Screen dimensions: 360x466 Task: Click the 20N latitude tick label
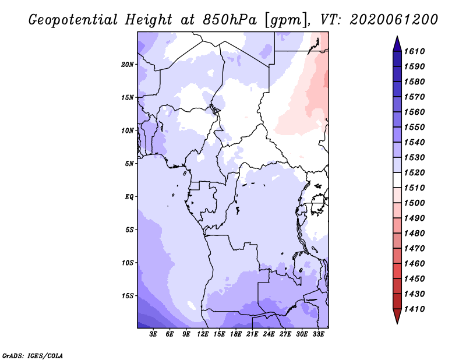pos(128,64)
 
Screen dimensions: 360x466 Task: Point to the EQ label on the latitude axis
pos(130,196)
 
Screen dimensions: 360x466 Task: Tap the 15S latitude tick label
pos(128,295)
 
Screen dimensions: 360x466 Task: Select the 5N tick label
pos(129,164)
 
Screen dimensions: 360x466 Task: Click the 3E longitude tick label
pos(154,334)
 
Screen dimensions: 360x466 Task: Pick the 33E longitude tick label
pos(318,334)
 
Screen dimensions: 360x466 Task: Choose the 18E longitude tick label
pos(236,334)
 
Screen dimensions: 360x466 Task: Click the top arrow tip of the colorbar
pos(397,37)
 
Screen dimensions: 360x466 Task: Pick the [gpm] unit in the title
pos(285,20)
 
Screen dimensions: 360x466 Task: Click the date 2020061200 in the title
pos(393,20)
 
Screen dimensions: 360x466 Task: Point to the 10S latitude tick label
pos(128,263)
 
